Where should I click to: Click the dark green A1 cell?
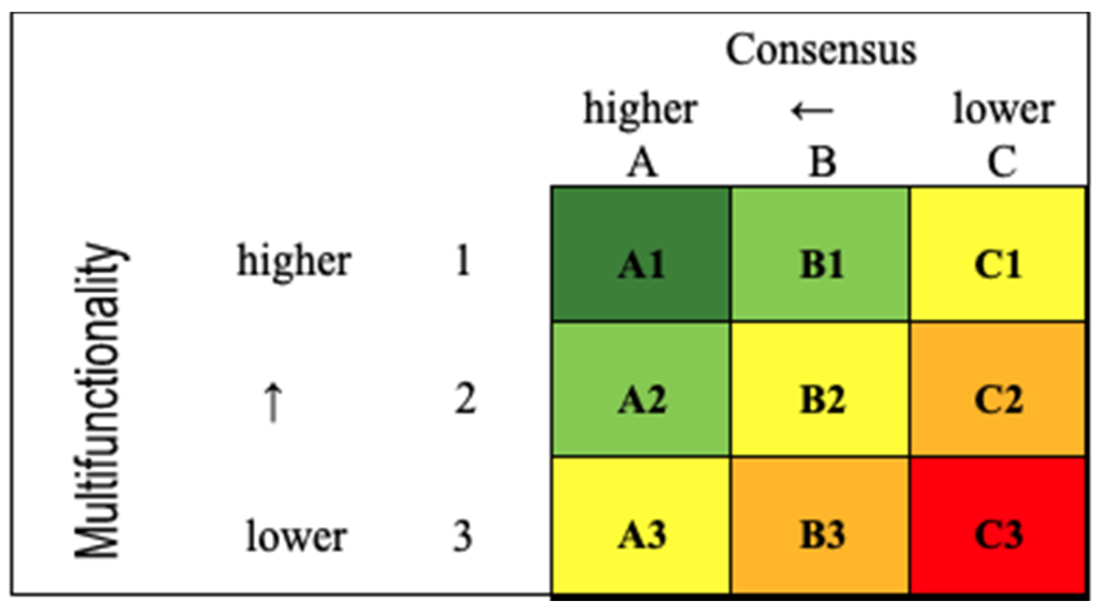[x=641, y=254]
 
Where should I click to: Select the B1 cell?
[x=820, y=254]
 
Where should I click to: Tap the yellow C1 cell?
[x=998, y=254]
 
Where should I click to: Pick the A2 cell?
[x=641, y=390]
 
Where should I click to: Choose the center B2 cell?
[x=820, y=390]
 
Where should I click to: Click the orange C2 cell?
[x=998, y=390]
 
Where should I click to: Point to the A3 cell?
[x=641, y=525]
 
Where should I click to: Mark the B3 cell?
[x=820, y=525]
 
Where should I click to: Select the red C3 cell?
[x=998, y=525]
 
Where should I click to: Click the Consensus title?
[x=821, y=50]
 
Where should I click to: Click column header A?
[x=642, y=162]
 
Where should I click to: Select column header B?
[x=822, y=162]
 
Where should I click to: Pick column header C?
[x=1002, y=162]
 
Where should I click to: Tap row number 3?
[x=463, y=537]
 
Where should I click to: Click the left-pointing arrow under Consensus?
[x=813, y=110]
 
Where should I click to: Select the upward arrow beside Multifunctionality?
[x=273, y=402]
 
